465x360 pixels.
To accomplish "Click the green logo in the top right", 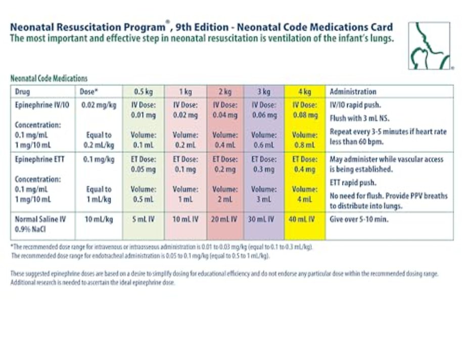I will tap(429, 46).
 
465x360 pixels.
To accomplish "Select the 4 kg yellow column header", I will tap(305, 92).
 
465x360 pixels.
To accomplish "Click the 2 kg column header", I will tap(225, 92).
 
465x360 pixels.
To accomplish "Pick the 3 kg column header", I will tap(264, 92).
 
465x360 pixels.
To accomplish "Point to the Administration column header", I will tap(353, 92).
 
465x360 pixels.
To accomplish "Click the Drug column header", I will tap(23, 92).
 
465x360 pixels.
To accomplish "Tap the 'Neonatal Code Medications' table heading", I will tap(49, 78).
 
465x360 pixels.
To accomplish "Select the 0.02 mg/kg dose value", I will tap(96, 105).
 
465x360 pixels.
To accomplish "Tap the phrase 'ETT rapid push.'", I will tap(352, 183).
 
